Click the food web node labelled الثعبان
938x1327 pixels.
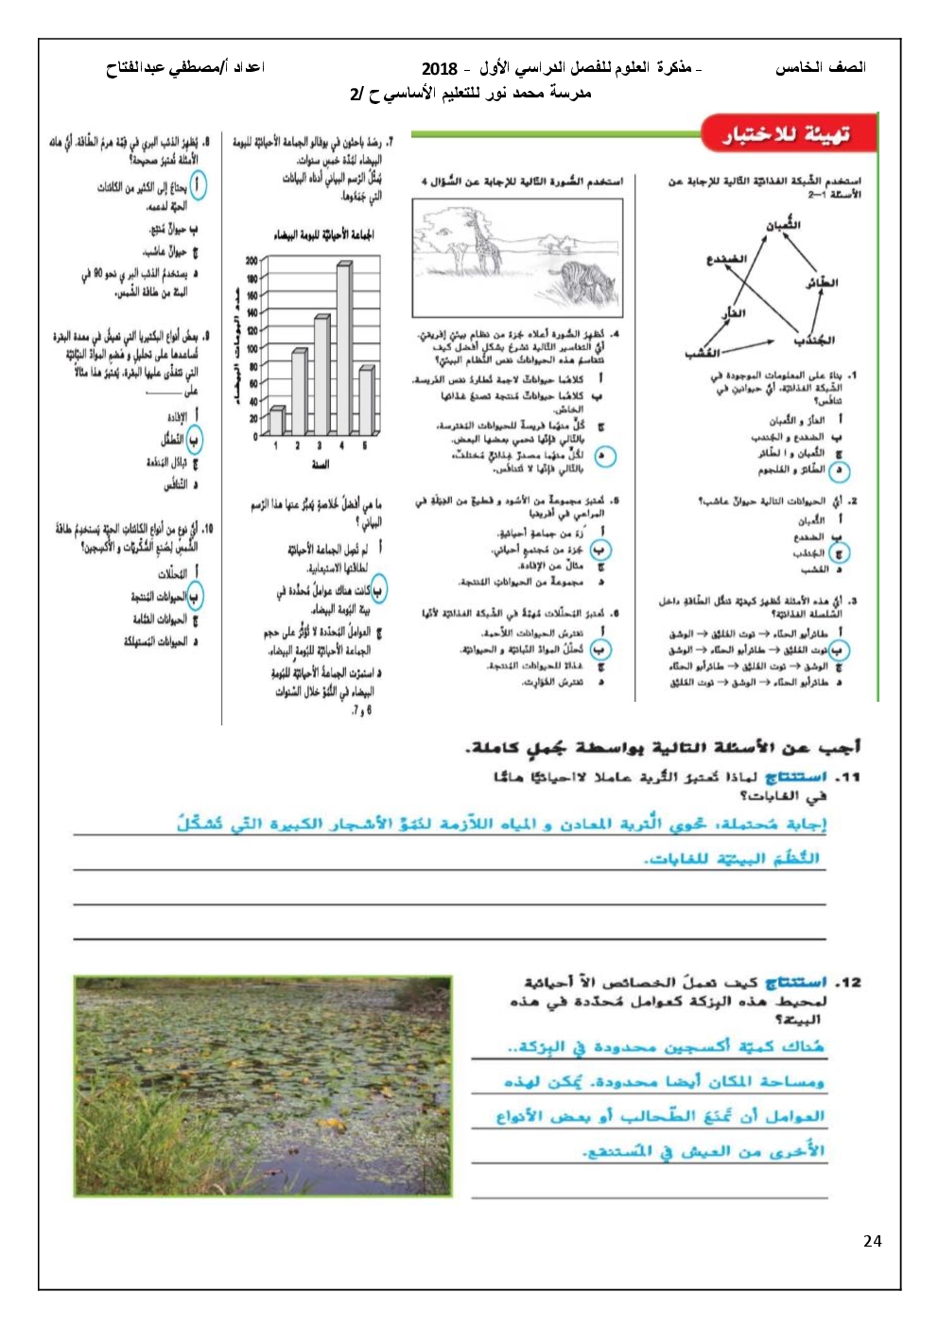pyautogui.click(x=783, y=225)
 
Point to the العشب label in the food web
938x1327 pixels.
pyautogui.click(x=702, y=354)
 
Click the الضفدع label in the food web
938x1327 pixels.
pyautogui.click(x=725, y=258)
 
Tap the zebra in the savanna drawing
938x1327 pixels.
pyautogui.click(x=578, y=280)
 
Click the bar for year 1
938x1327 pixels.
pyautogui.click(x=276, y=421)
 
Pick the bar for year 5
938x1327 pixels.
pyautogui.click(x=366, y=401)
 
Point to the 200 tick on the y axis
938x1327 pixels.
pyautogui.click(x=252, y=261)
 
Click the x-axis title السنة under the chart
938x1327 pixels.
pyautogui.click(x=321, y=465)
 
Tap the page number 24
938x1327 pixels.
pyautogui.click(x=872, y=1241)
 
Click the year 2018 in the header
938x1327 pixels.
pyautogui.click(x=439, y=68)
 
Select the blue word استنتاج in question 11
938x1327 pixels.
pyautogui.click(x=796, y=777)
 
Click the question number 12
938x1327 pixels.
pyautogui.click(x=849, y=983)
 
